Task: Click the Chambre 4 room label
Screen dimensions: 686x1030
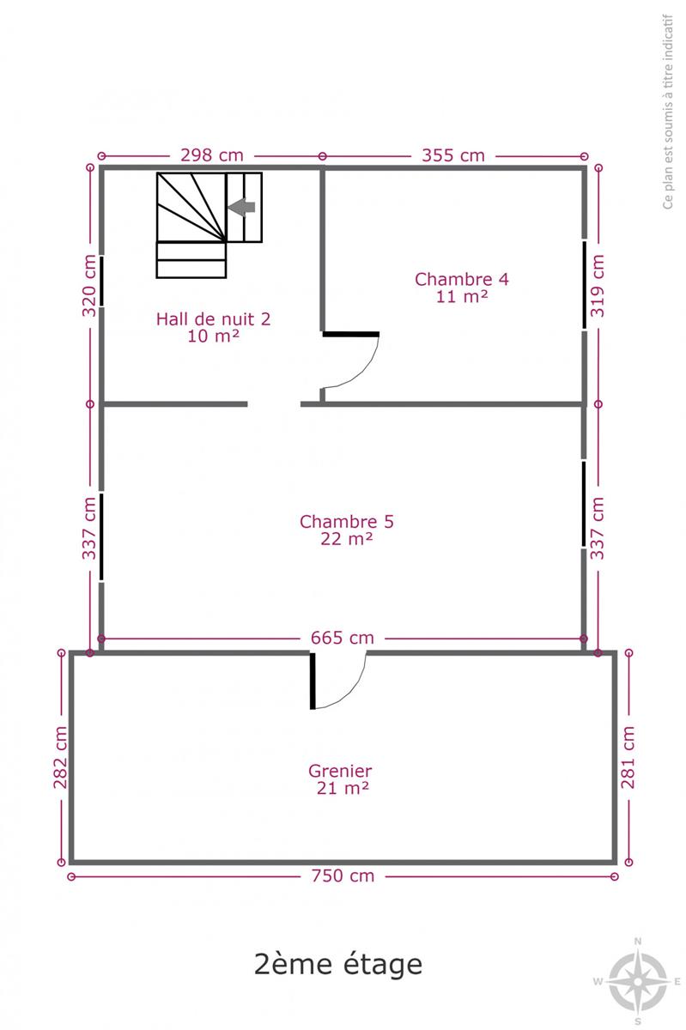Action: point(461,288)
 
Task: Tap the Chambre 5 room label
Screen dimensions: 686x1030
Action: point(347,530)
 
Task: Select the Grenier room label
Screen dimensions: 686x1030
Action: point(341,779)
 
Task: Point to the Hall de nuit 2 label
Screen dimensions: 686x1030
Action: point(213,327)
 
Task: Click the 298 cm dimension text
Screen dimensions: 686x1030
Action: point(212,155)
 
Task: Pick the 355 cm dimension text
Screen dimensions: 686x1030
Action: point(453,155)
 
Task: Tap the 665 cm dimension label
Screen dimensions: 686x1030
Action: point(343,639)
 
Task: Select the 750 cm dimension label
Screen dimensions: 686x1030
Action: point(343,876)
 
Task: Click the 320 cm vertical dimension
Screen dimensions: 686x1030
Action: point(89,286)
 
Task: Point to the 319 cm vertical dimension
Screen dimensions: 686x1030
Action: point(598,286)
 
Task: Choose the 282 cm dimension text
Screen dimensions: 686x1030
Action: point(60,757)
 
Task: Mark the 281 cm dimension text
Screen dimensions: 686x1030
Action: point(628,757)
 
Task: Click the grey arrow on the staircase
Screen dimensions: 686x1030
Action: point(241,207)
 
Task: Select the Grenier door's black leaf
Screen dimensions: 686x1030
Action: point(313,681)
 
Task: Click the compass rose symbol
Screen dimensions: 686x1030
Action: point(638,982)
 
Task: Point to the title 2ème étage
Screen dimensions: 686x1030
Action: point(338,964)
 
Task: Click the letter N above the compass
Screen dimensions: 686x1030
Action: point(638,942)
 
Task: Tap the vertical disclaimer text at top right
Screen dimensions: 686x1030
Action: point(668,112)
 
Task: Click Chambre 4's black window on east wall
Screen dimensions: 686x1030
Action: point(585,285)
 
